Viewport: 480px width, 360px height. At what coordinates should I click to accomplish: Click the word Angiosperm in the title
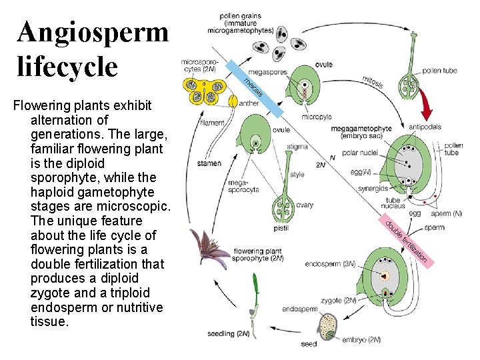pos(93,31)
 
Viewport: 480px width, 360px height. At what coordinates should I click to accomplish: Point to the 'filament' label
pos(211,122)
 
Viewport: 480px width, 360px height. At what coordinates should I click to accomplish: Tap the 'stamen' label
pos(209,163)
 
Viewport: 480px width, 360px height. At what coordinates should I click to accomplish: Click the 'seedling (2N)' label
pos(228,333)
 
